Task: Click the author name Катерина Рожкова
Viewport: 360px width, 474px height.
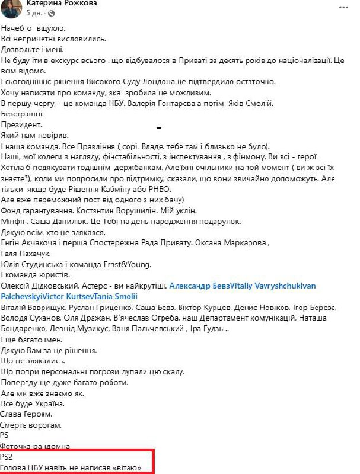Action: (62, 4)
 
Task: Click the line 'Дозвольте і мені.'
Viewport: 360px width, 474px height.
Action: (36, 49)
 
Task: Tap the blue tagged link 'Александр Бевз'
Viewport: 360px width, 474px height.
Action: (199, 286)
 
